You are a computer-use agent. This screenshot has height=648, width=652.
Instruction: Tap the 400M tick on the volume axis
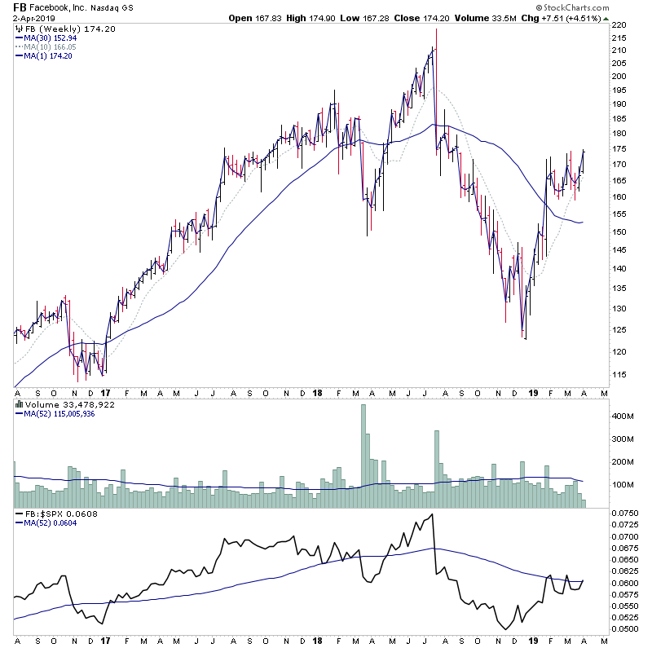point(622,416)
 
